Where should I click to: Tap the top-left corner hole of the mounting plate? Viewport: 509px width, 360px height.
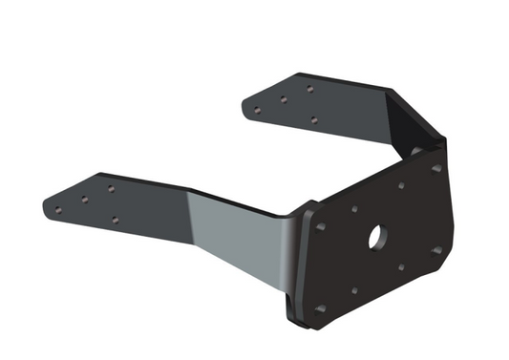[x=321, y=226]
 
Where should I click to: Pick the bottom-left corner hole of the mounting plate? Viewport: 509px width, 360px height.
[x=321, y=308]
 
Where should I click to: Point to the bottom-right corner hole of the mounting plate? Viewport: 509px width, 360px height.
[x=436, y=250]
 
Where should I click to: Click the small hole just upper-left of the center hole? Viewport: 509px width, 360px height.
[x=354, y=208]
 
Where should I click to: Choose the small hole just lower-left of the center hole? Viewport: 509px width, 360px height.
[x=354, y=289]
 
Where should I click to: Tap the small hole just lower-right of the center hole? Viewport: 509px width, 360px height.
[x=402, y=267]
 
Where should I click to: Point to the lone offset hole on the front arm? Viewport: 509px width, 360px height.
[x=115, y=220]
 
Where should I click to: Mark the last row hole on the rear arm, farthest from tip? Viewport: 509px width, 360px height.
[x=309, y=89]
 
